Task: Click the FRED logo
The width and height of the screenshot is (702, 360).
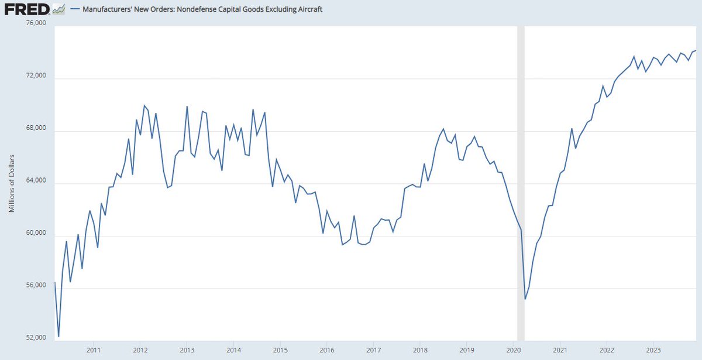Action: pos(26,10)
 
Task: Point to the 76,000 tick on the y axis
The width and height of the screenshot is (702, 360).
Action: pos(36,23)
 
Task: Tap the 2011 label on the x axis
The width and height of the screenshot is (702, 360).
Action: pos(94,349)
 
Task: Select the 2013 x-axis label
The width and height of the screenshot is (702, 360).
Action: pos(187,349)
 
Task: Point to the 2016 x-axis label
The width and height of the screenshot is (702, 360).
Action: pos(326,349)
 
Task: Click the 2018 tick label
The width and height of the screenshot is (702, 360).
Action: pos(420,349)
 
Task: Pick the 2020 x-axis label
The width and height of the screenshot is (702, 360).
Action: pos(513,349)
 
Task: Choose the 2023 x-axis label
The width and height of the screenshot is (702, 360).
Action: pos(653,349)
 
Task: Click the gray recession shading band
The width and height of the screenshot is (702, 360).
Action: pos(521,176)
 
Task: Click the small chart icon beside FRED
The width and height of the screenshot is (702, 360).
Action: pos(58,9)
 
